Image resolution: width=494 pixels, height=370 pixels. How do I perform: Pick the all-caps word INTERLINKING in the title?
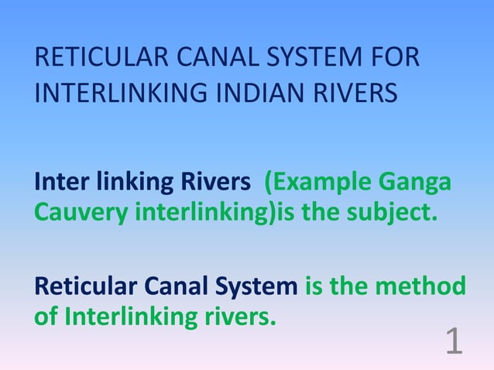click(108, 94)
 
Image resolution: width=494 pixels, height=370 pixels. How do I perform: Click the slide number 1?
click(455, 341)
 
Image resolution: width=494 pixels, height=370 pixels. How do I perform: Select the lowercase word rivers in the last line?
click(238, 315)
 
